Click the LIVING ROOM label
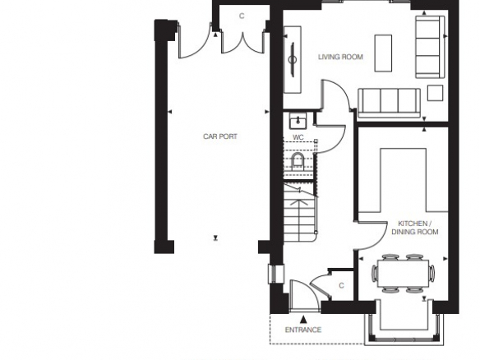340,57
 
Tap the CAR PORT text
220,136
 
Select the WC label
298,137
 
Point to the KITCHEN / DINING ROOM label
415,228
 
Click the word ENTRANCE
303,330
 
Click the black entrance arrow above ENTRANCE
303,319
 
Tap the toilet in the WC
298,161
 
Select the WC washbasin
298,121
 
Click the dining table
403,273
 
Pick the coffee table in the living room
383,53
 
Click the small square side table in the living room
435,93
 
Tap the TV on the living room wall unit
293,59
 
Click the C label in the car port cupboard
242,16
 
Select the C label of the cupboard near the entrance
341,285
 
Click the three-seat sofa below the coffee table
389,104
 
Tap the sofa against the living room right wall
430,47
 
